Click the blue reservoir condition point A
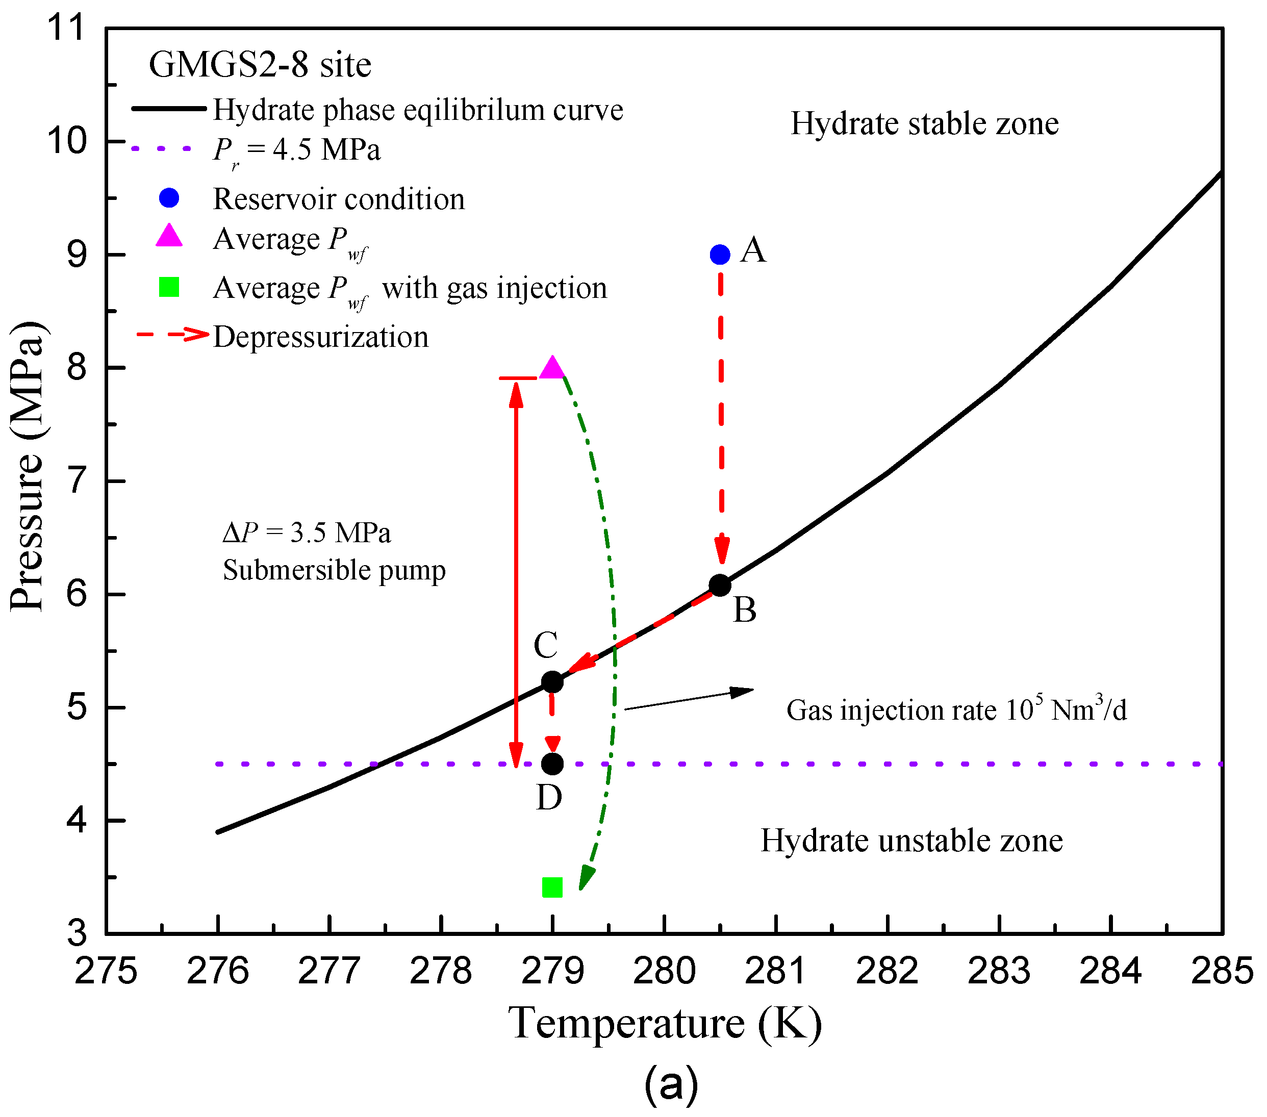tap(720, 254)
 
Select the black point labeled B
tap(720, 585)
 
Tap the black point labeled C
tap(552, 682)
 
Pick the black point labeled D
tap(552, 764)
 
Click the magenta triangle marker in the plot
tap(552, 369)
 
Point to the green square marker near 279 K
tap(552, 887)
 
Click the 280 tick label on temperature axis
tap(664, 971)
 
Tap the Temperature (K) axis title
tap(665, 1024)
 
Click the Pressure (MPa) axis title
tap(28, 466)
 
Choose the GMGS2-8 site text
tap(260, 64)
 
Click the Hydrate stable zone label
tap(924, 123)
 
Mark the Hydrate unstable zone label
tap(911, 841)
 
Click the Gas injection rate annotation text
tap(956, 710)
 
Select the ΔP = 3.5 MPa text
tap(306, 532)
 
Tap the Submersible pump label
tap(334, 570)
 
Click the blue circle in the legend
tap(169, 198)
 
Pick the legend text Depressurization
tap(320, 337)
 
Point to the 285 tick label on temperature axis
tap(1221, 971)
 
